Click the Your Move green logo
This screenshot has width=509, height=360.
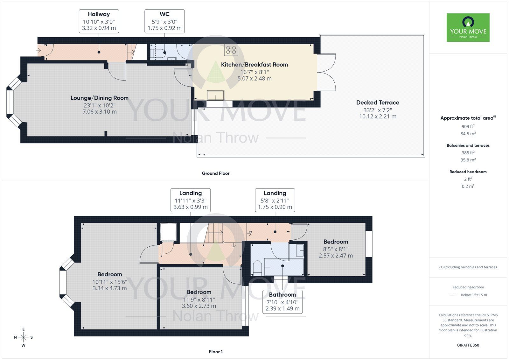pyautogui.click(x=468, y=27)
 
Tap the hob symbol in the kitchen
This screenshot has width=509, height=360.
pyautogui.click(x=231, y=50)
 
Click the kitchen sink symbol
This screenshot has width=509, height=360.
pyautogui.click(x=215, y=95)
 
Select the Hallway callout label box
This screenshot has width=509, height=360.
pyautogui.click(x=99, y=21)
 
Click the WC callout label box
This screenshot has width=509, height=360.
pyautogui.click(x=164, y=21)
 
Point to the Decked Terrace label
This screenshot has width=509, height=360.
pyautogui.click(x=378, y=102)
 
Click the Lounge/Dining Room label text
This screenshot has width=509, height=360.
pyautogui.click(x=100, y=98)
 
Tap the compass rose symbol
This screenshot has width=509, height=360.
pyautogui.click(x=24, y=337)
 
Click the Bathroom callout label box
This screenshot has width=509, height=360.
pyautogui.click(x=282, y=301)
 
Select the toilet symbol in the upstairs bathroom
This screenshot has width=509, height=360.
pyautogui.click(x=257, y=268)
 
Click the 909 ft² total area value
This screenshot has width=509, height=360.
pyautogui.click(x=468, y=126)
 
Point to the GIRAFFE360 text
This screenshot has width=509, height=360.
pyautogui.click(x=468, y=345)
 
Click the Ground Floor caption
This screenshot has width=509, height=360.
pyautogui.click(x=215, y=173)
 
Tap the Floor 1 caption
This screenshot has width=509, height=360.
pyautogui.click(x=216, y=352)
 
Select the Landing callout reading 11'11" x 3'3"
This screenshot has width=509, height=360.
pyautogui.click(x=190, y=200)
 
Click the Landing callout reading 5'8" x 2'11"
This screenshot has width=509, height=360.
pyautogui.click(x=275, y=200)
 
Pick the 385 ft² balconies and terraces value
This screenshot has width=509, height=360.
pyautogui.click(x=468, y=153)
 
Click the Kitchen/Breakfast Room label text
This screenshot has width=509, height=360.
pyautogui.click(x=254, y=65)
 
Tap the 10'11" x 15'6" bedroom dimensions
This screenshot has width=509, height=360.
pyautogui.click(x=110, y=282)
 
